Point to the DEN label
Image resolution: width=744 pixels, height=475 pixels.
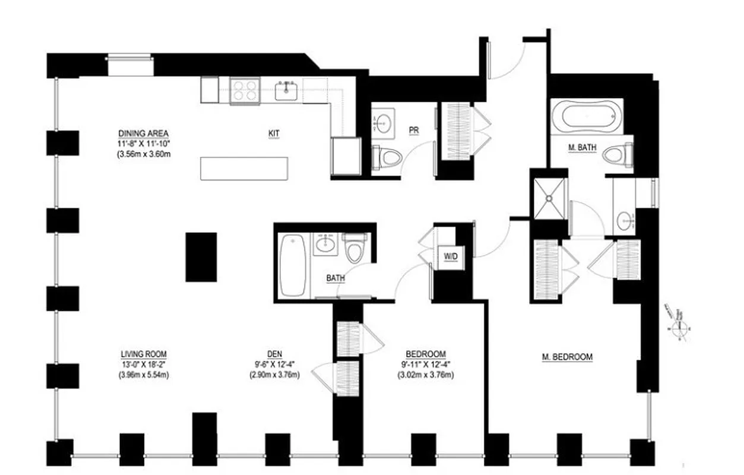[274, 354]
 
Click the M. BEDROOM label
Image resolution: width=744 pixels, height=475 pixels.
[567, 357]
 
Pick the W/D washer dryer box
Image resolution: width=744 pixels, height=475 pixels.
[451, 256]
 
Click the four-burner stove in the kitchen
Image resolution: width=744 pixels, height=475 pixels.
[245, 91]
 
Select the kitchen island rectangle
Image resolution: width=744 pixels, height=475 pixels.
[244, 168]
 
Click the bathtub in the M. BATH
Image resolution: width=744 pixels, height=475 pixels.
[585, 115]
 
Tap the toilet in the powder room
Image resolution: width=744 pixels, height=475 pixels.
[388, 157]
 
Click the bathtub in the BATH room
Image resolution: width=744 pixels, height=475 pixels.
[293, 265]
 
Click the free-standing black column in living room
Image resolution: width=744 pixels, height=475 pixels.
[201, 256]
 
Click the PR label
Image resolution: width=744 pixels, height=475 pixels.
[413, 130]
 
